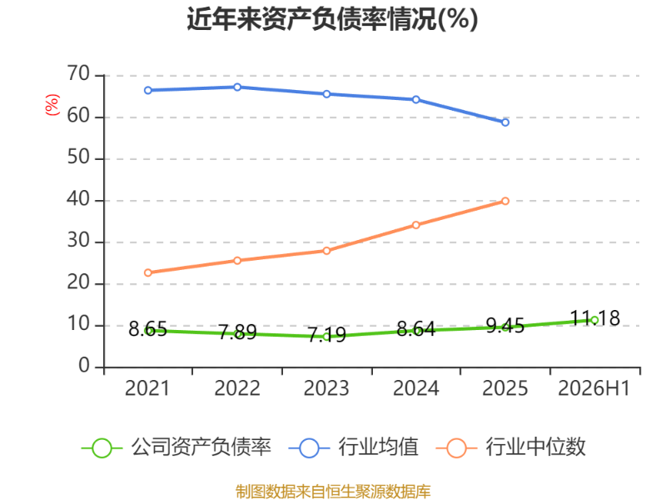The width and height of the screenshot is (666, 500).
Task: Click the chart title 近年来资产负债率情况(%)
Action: click(x=332, y=19)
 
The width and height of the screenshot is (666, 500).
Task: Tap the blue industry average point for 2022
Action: click(x=237, y=87)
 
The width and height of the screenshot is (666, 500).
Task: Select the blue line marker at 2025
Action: click(x=505, y=122)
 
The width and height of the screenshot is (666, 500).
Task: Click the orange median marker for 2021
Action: click(x=148, y=272)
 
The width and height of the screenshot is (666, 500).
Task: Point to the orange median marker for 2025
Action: click(x=505, y=201)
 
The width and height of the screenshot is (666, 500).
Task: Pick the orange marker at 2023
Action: click(x=326, y=251)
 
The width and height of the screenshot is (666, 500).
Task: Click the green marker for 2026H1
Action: click(x=594, y=320)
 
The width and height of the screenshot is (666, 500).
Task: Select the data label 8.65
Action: click(x=148, y=329)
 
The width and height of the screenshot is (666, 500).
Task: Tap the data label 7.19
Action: click(x=326, y=335)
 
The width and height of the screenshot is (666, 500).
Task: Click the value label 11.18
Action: click(x=594, y=318)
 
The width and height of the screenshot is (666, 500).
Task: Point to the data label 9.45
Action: click(x=505, y=326)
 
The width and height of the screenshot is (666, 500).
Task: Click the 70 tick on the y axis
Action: click(x=78, y=74)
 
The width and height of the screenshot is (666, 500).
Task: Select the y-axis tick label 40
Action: click(x=78, y=199)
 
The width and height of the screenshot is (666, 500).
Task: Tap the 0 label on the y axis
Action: click(x=84, y=366)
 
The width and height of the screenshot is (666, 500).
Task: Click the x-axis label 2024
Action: click(x=415, y=388)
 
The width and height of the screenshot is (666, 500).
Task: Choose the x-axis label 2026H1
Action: click(x=594, y=388)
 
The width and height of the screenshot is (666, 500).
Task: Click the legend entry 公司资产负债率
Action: click(x=176, y=447)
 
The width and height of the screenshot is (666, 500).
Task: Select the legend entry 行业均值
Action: click(x=353, y=447)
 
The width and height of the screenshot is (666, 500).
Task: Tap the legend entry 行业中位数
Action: click(x=511, y=447)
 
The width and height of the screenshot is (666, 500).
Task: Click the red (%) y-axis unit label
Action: click(x=52, y=105)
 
